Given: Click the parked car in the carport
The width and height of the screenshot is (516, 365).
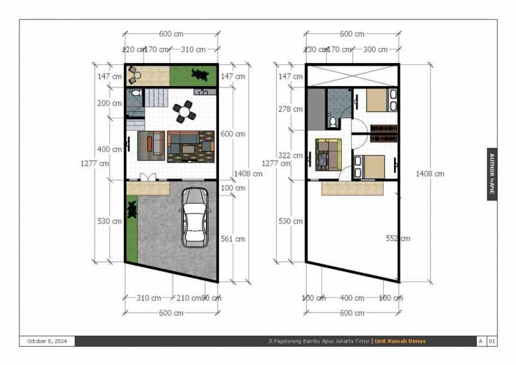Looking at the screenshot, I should pyautogui.click(x=196, y=217).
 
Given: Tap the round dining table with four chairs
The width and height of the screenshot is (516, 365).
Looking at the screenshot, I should pyautogui.click(x=185, y=112).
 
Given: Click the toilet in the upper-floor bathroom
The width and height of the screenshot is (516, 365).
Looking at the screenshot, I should pyautogui.click(x=332, y=120).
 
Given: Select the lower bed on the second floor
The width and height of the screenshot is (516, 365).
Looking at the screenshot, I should pyautogui.click(x=369, y=166).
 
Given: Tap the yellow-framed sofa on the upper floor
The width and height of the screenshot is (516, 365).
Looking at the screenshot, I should pyautogui.click(x=328, y=154).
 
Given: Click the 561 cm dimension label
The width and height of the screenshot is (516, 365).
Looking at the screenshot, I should pyautogui.click(x=232, y=239).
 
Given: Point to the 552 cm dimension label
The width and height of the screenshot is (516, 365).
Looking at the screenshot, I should pyautogui.click(x=397, y=238).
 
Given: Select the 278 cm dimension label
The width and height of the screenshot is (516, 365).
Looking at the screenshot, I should pyautogui.click(x=290, y=109).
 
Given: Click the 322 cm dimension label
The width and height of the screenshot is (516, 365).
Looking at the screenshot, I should pyautogui.click(x=290, y=156).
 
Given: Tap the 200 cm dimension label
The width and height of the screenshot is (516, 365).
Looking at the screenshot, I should pyautogui.click(x=108, y=103).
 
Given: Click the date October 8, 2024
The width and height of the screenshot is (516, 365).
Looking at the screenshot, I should pyautogui.click(x=47, y=341).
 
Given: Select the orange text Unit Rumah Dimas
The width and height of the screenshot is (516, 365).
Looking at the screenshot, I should pyautogui.click(x=400, y=341).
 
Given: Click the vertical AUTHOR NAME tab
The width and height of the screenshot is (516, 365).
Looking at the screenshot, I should pyautogui.click(x=492, y=174).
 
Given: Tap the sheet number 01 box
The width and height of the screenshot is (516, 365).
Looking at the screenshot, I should pyautogui.click(x=492, y=341).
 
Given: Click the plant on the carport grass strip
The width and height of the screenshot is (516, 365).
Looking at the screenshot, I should pyautogui.click(x=132, y=209).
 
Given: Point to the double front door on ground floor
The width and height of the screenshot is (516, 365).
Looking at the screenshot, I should pyautogui.click(x=148, y=177).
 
